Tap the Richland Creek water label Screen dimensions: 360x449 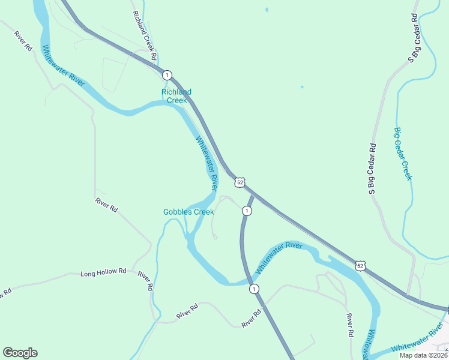[x=176, y=96]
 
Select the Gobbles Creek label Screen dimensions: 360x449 [x=188, y=212]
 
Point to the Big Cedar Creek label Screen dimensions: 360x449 [x=403, y=153]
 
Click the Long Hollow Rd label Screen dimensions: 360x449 [x=103, y=272]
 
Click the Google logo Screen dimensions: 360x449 [x=20, y=353]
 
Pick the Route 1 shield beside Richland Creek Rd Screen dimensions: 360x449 [x=167, y=75]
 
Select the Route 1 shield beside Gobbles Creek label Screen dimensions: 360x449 [x=247, y=211]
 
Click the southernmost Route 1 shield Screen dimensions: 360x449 [x=255, y=289]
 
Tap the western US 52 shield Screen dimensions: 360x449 [x=240, y=182]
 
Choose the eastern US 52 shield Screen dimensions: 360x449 [x=360, y=265]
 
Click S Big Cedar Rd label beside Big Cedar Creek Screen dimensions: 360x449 [x=372, y=169]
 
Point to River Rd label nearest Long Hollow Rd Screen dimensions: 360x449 [x=145, y=281]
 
